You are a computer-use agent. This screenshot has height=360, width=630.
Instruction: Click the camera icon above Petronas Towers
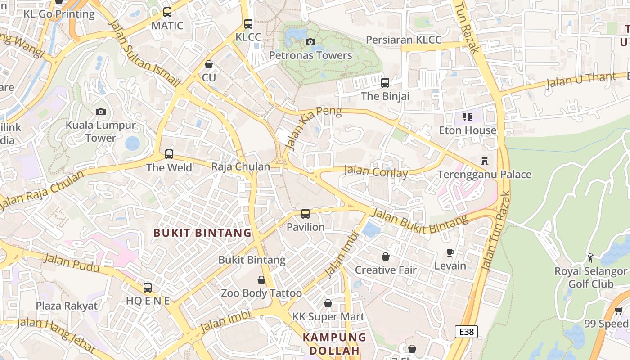[310, 42]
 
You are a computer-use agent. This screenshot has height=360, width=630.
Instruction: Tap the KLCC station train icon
[248, 24]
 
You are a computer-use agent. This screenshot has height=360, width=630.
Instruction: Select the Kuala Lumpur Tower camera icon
[101, 112]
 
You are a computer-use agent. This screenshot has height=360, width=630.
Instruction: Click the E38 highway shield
[466, 332]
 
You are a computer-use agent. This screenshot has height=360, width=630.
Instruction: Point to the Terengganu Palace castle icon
[485, 161]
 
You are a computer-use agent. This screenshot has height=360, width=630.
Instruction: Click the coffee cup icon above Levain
[450, 252]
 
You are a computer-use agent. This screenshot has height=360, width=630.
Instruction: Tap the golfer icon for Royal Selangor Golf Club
[590, 258]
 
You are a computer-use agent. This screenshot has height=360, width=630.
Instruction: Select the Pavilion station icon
[306, 214]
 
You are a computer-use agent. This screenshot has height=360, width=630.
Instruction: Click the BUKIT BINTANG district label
[202, 233]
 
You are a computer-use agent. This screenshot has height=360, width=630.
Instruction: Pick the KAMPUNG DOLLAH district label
[334, 344]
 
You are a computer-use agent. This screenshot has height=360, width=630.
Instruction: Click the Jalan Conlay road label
[376, 171]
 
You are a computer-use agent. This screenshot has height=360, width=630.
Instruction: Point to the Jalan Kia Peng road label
[312, 128]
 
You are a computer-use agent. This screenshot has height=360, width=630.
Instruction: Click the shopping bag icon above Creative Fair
[386, 256]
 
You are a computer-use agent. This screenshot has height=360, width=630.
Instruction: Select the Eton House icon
[468, 117]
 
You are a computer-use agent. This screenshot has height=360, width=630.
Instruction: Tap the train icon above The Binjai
[385, 83]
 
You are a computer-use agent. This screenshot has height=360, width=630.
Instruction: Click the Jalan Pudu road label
[72, 262]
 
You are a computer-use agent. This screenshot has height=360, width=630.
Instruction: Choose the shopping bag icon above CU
[209, 64]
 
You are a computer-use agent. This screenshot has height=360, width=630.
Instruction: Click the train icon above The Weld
[169, 154]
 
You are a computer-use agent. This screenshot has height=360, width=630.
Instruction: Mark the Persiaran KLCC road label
[404, 40]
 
